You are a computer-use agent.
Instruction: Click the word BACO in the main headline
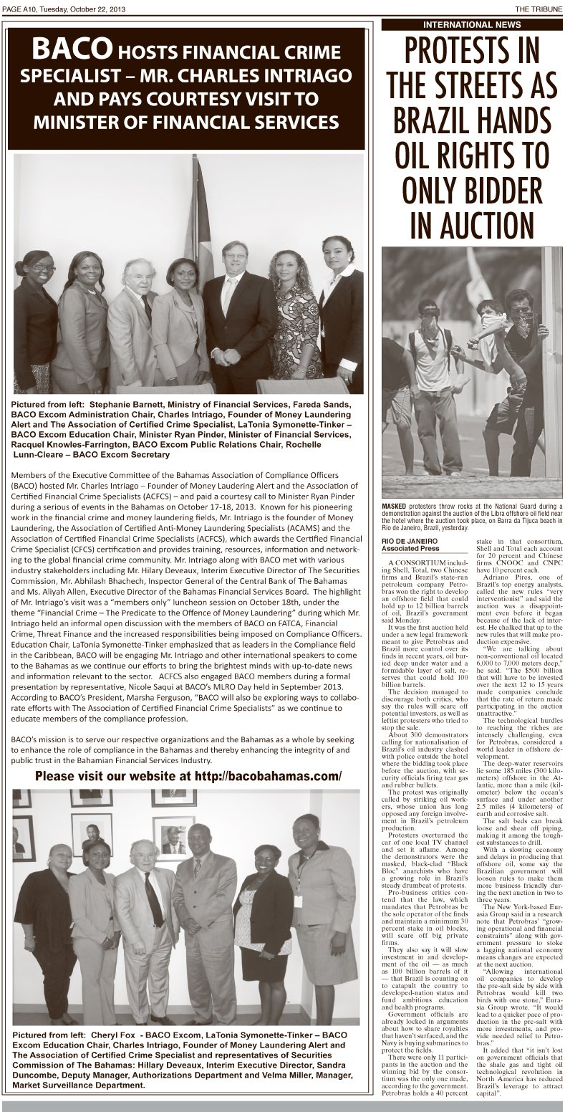point(70,49)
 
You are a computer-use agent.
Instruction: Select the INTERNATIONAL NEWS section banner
point(472,24)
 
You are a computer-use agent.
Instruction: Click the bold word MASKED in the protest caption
point(395,507)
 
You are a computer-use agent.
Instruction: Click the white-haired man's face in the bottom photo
point(143,856)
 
